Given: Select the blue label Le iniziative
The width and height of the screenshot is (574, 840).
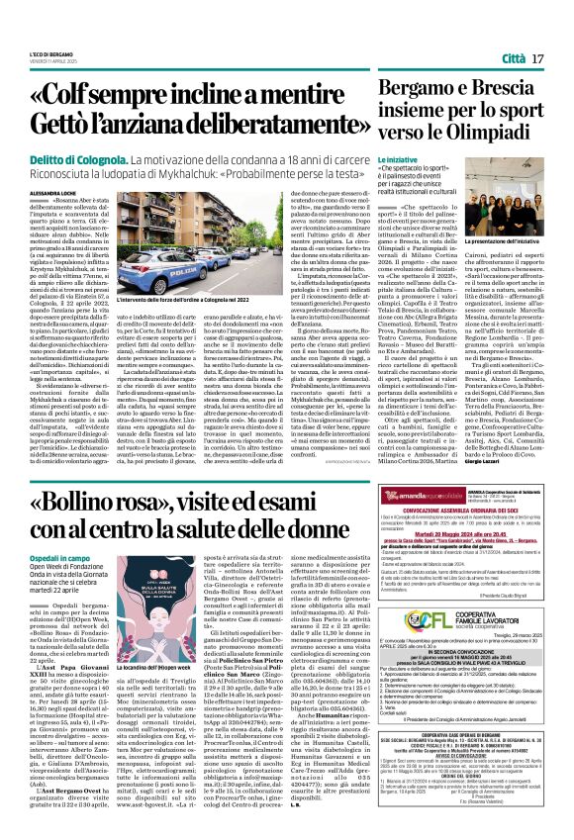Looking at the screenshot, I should coord(397,158).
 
